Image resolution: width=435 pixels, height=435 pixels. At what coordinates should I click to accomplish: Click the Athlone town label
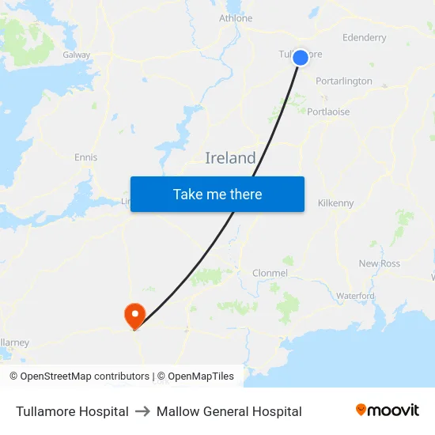(236, 18)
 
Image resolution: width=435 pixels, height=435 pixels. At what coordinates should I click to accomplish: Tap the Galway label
(77, 55)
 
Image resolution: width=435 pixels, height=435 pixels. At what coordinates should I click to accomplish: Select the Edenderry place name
(364, 37)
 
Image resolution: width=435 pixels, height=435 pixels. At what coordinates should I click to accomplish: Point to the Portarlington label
(343, 81)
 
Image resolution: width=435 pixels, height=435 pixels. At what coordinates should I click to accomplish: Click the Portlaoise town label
(328, 112)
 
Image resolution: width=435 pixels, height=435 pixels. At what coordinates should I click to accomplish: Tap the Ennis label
(85, 157)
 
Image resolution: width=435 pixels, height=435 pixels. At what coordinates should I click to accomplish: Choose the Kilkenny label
(335, 203)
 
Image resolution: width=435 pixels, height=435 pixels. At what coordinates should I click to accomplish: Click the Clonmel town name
(270, 273)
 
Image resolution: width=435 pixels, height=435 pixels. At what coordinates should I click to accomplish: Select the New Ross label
(380, 263)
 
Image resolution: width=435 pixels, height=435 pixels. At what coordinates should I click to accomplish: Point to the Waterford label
(355, 296)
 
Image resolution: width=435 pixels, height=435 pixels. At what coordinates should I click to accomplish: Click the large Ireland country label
(230, 158)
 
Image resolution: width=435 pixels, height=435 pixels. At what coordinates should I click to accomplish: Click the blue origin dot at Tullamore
(301, 57)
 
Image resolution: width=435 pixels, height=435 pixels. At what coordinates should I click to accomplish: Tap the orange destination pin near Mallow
(134, 316)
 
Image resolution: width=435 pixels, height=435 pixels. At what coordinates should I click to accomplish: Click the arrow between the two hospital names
(142, 411)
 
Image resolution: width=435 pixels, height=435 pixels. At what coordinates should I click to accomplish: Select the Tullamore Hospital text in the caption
(72, 411)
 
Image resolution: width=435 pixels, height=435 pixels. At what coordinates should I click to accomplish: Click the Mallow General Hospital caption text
(229, 411)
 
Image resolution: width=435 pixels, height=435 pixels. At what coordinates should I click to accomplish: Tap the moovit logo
(388, 410)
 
